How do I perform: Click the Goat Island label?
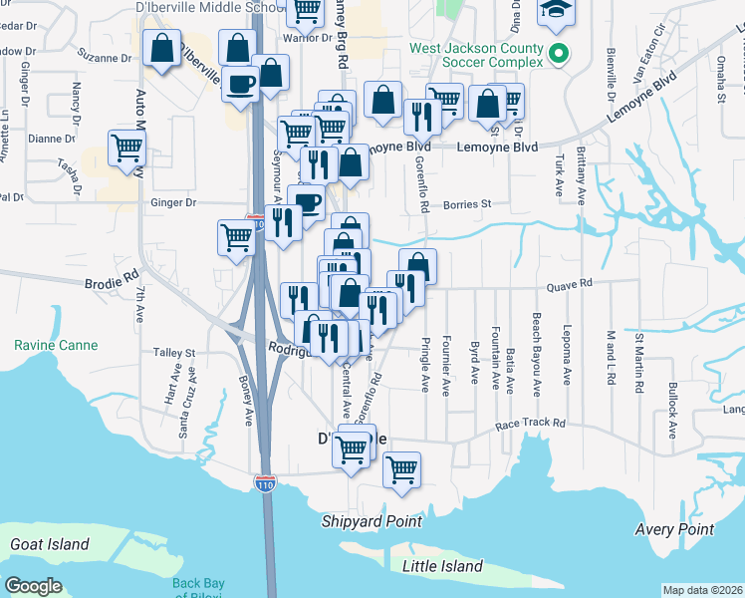pyautogui.click(x=49, y=545)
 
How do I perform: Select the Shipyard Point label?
pyautogui.click(x=372, y=521)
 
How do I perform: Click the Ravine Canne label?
pyautogui.click(x=56, y=346)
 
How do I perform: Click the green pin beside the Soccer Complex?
pyautogui.click(x=559, y=54)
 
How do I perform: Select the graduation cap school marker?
pyautogui.click(x=553, y=12)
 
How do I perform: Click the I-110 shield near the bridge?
pyautogui.click(x=264, y=483)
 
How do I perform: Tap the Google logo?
pyautogui.click(x=34, y=586)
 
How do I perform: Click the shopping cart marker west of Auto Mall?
pyautogui.click(x=127, y=149)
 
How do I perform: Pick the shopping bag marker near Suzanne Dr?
pyautogui.click(x=161, y=47)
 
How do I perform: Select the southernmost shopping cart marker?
pyautogui.click(x=401, y=468)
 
